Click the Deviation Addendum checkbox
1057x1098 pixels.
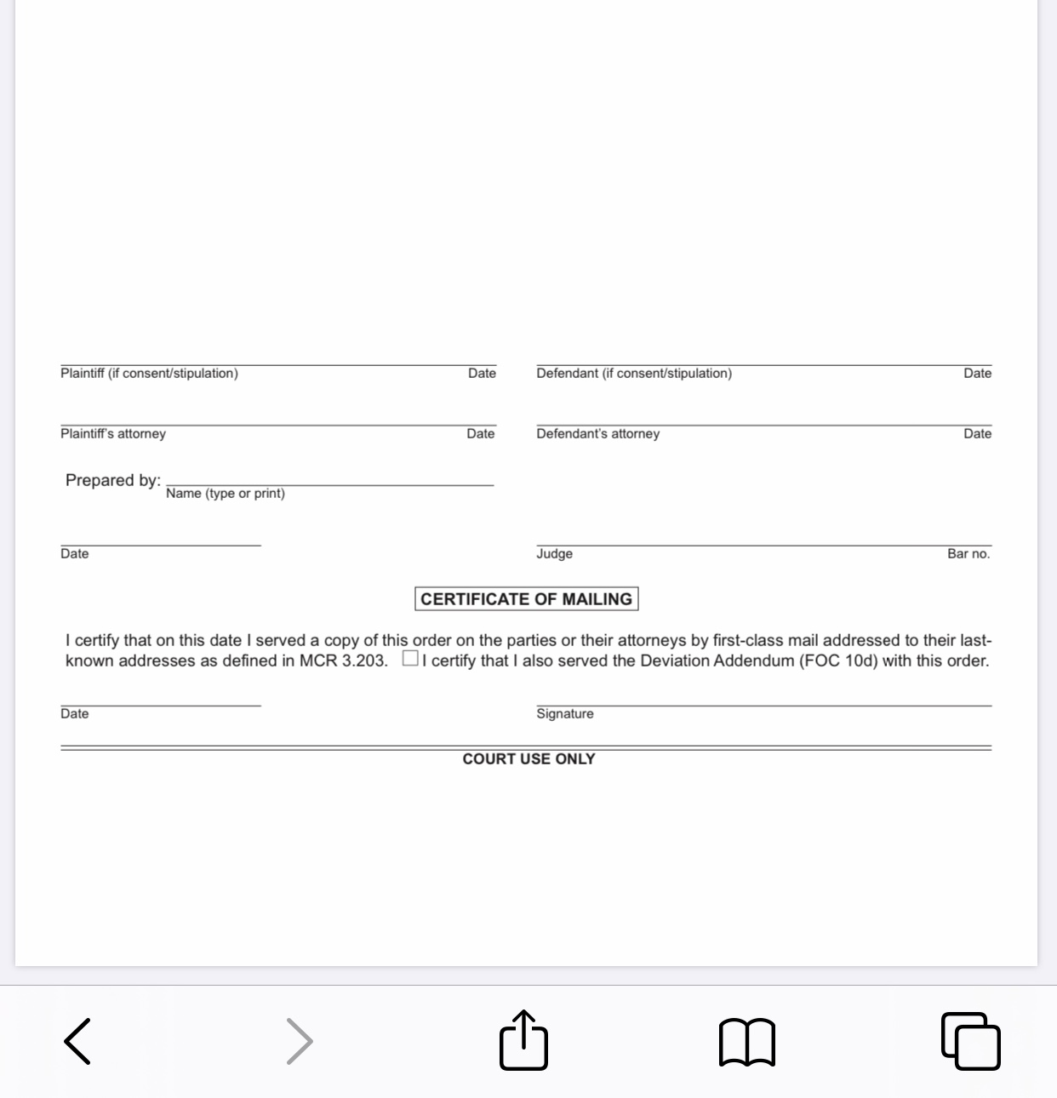tap(410, 659)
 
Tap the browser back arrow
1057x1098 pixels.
tap(77, 1041)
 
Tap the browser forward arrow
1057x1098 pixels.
tap(300, 1041)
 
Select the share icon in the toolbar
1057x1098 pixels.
tap(523, 1039)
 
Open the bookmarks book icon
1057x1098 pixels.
tap(747, 1042)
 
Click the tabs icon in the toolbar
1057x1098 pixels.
tap(971, 1040)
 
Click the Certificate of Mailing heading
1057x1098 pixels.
tap(526, 599)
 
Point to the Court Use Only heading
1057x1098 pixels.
tap(528, 758)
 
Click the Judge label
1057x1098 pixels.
tap(554, 554)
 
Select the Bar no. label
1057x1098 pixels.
tap(968, 554)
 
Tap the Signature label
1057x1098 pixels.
tap(565, 714)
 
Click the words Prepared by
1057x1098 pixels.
tap(112, 480)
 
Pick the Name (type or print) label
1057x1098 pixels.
tap(226, 494)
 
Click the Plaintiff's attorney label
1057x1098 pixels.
tap(113, 434)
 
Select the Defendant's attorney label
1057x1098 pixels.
tap(597, 434)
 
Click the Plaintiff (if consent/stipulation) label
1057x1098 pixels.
tap(149, 374)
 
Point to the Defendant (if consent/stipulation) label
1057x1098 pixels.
tap(634, 374)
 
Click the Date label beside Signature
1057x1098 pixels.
tap(75, 714)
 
